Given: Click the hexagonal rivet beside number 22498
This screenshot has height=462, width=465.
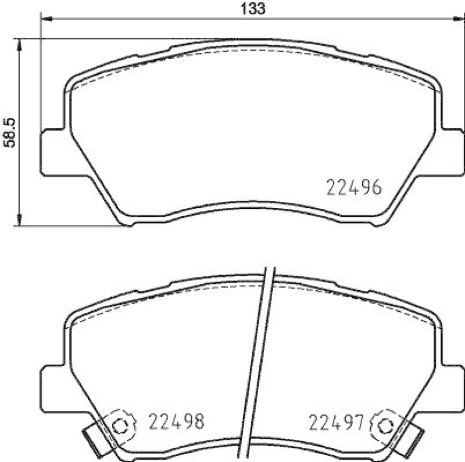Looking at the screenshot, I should click(120, 425).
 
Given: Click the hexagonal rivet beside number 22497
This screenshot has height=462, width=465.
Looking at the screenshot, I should click(384, 425).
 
